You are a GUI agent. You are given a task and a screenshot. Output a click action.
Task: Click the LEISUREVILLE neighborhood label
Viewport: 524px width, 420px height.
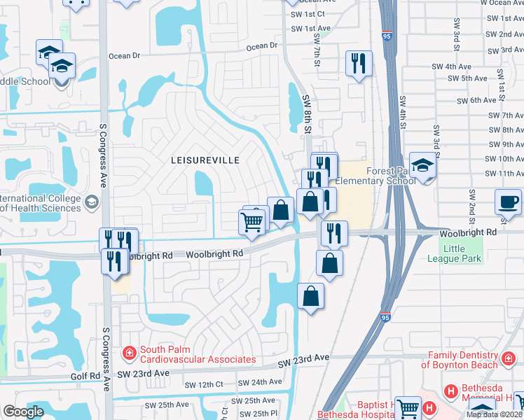point(205,160)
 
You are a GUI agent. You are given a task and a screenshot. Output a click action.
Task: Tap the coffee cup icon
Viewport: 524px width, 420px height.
point(508,202)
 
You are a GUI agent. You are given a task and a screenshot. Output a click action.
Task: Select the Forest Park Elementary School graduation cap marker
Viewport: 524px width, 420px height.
point(422,166)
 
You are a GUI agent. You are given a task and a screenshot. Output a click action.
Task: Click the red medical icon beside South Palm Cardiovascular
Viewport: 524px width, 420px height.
point(129,353)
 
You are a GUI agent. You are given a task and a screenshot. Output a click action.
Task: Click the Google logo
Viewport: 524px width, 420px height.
point(23,412)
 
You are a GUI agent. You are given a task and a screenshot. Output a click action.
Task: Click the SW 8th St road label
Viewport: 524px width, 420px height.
point(306,113)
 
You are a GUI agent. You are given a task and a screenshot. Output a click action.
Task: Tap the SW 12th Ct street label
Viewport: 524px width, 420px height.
point(204,385)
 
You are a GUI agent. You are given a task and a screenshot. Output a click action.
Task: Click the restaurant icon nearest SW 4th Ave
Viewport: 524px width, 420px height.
point(358,64)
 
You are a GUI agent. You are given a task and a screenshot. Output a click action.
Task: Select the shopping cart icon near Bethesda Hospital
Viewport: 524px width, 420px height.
point(408,408)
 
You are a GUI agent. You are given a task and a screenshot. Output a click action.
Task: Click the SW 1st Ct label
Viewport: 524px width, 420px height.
point(306,14)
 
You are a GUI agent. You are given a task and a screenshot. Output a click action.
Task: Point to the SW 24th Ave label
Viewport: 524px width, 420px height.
point(258,382)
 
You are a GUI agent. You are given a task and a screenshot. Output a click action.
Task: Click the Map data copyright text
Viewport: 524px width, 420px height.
point(494,414)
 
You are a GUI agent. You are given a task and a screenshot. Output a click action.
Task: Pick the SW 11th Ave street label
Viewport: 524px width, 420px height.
point(499,173)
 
